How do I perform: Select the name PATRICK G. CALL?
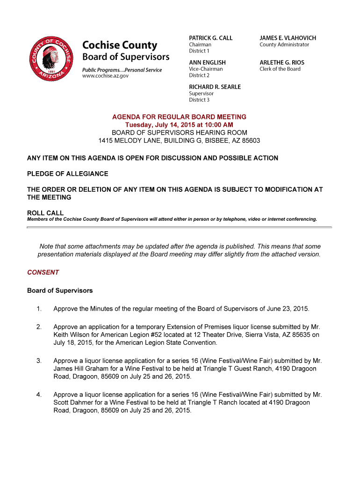click(210, 38)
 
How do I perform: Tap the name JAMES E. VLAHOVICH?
click(288, 38)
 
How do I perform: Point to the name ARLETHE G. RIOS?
click(282, 62)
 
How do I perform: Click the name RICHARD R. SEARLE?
click(215, 87)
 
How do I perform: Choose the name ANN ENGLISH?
click(207, 62)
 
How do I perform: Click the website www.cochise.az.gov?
click(105, 76)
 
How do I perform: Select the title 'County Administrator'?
click(284, 45)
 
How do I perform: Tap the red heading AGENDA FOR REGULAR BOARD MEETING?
click(179, 117)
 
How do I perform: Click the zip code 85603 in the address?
click(251, 141)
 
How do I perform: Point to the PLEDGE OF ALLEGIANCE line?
click(68, 174)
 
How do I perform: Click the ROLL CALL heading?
click(45, 213)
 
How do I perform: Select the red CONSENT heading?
click(43, 272)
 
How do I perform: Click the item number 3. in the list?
click(39, 361)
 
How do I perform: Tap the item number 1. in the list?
click(39, 309)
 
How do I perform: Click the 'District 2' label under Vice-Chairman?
click(199, 75)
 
